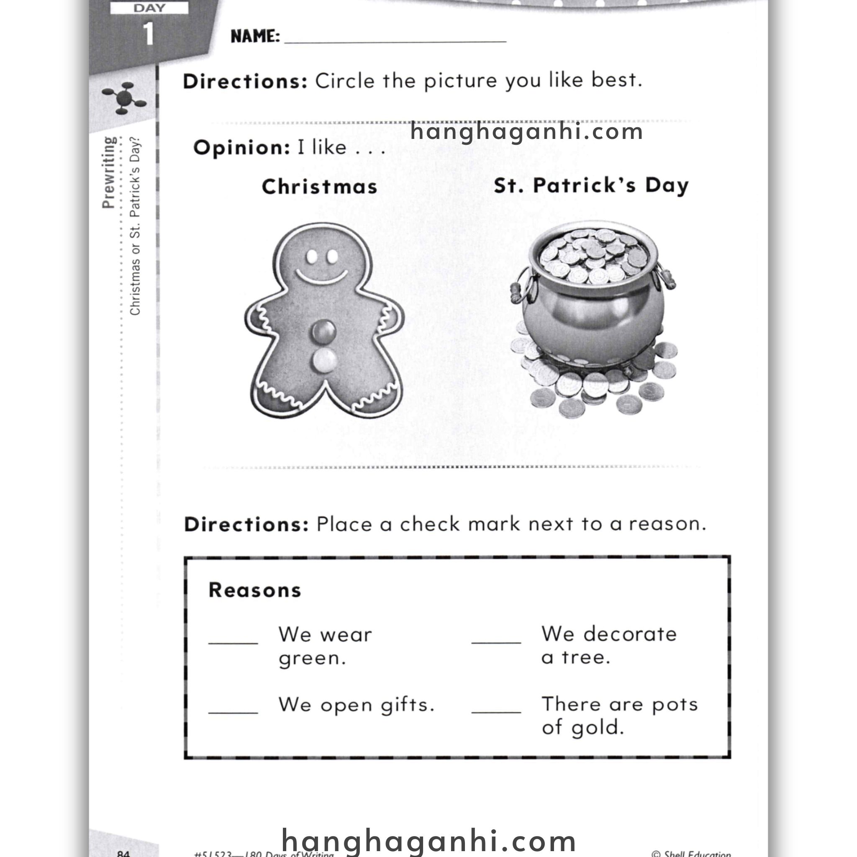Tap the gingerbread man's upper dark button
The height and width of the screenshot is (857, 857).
[x=324, y=331]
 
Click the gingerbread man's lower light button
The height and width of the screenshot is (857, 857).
[x=324, y=360]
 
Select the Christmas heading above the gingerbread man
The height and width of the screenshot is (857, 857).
[x=319, y=187]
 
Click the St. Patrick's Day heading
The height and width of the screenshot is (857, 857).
[x=591, y=185]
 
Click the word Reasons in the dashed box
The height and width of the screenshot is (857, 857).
[x=254, y=590]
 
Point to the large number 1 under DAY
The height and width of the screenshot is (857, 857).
[x=149, y=34]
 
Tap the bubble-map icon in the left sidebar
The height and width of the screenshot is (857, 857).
[x=124, y=97]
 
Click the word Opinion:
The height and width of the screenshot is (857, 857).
[x=242, y=147]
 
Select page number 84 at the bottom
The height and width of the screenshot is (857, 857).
[x=123, y=852]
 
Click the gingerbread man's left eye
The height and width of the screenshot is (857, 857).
[x=312, y=256]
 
